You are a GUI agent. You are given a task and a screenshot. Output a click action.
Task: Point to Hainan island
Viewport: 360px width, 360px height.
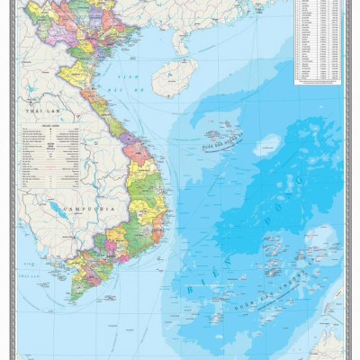pos(174,77)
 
